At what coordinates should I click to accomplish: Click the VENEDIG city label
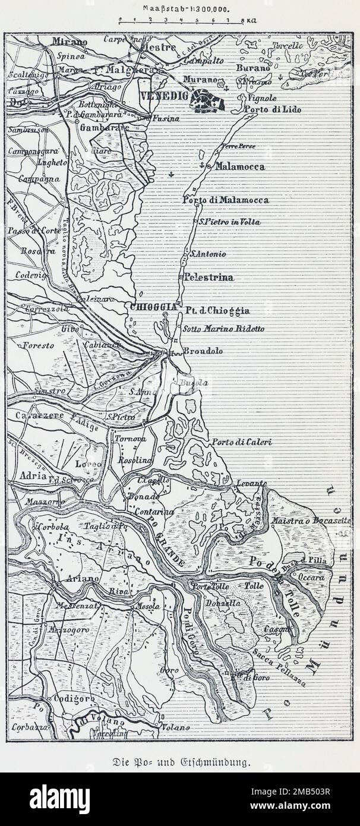point(164,96)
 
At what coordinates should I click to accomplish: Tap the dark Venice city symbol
point(207,101)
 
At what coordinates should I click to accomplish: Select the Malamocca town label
point(239,167)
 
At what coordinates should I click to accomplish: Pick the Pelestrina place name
point(209,277)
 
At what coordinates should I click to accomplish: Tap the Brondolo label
point(203,351)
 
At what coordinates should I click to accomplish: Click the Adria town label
point(33,476)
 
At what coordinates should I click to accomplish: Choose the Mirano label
point(70,42)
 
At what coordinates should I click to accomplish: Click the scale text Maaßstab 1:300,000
point(179,10)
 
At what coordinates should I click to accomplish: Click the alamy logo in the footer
point(59,799)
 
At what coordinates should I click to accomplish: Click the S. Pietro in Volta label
point(229,222)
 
